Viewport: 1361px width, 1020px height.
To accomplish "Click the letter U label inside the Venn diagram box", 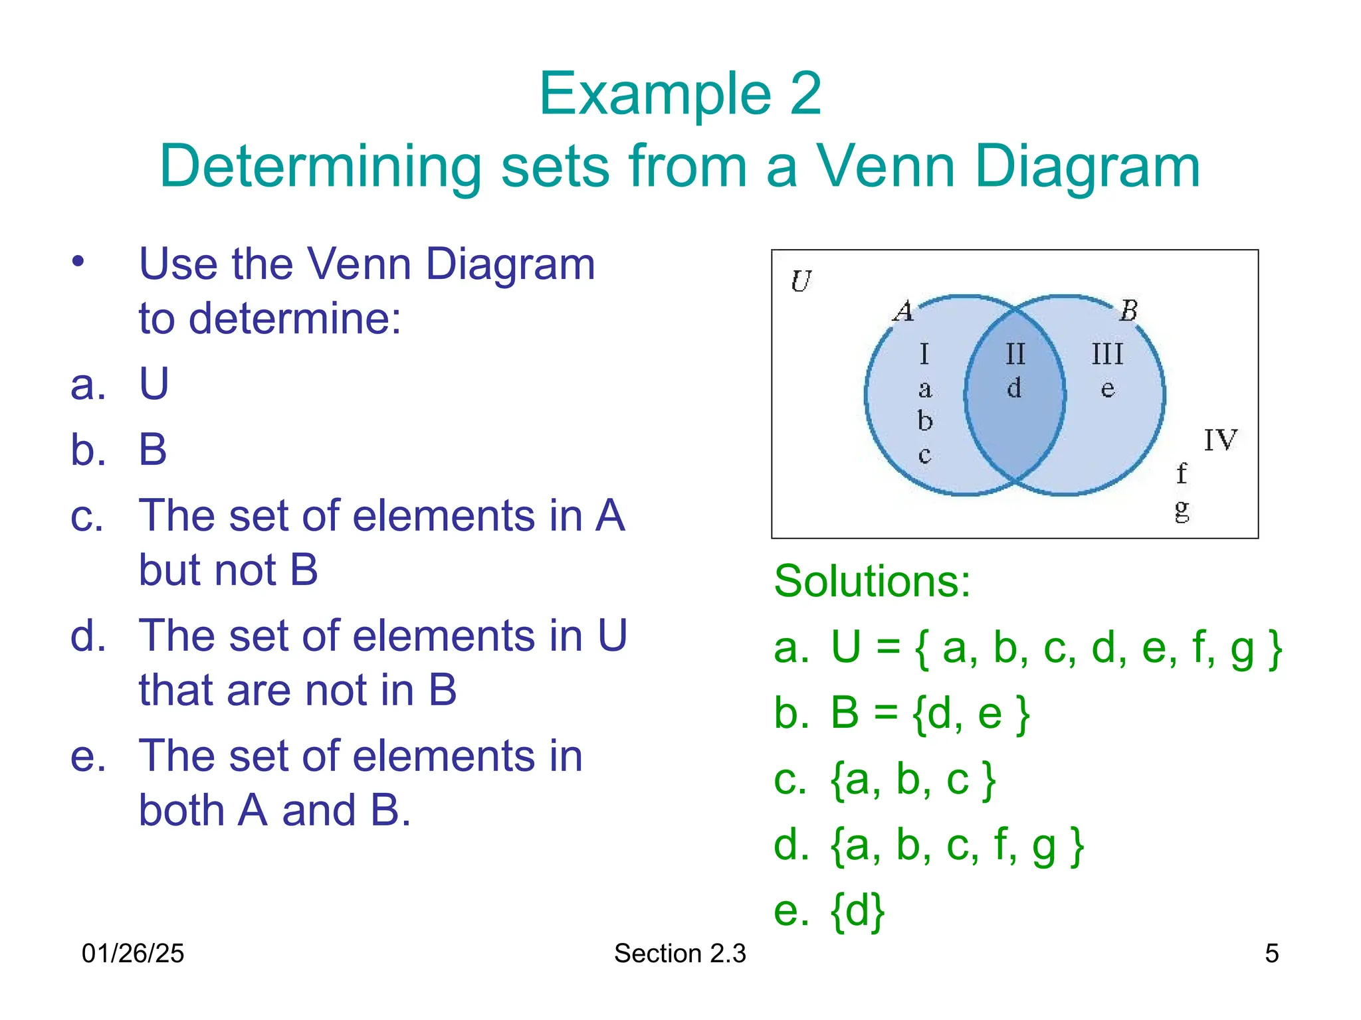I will click(801, 282).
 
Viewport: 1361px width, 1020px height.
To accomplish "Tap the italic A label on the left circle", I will click(904, 311).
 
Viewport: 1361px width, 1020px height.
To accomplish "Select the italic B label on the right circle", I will click(1128, 311).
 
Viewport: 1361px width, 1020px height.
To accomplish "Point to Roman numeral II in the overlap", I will click(1015, 355).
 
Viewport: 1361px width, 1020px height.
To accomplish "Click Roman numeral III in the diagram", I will click(1107, 355).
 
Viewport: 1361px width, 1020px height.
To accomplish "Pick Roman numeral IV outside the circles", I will click(1220, 440).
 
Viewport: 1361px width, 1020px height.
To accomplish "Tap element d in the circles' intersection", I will click(1014, 388).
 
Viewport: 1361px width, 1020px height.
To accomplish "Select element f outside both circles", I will click(1181, 473).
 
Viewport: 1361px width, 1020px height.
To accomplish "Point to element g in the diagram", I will click(1182, 509).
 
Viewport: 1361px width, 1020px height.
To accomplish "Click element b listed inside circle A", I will click(925, 421).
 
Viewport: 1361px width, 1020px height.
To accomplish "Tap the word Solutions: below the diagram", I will click(872, 582).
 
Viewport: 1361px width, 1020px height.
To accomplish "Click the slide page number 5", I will click(1271, 954).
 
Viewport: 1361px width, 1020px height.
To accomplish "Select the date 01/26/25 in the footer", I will click(132, 954).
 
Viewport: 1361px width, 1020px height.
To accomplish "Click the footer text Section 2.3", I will click(680, 954).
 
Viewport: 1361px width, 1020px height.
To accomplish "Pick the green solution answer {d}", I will click(857, 910).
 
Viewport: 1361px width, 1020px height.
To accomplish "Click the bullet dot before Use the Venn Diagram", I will click(78, 261).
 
